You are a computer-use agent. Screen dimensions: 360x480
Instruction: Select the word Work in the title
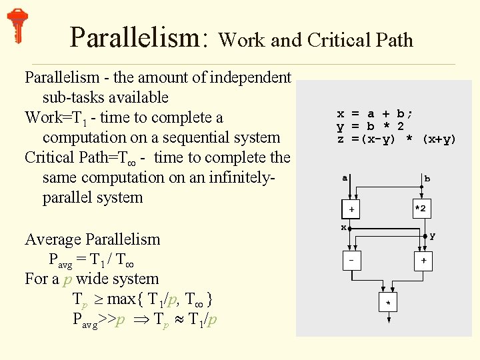[241, 41]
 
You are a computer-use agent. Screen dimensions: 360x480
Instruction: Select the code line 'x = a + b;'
[375, 114]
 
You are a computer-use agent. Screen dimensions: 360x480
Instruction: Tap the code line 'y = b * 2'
[370, 127]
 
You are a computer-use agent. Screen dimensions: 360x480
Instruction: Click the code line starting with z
[396, 139]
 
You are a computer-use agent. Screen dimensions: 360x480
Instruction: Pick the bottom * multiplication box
[387, 303]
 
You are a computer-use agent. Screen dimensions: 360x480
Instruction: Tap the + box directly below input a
[352, 209]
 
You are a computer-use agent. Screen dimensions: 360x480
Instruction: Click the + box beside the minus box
[423, 261]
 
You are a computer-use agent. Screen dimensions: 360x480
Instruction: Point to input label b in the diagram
[427, 179]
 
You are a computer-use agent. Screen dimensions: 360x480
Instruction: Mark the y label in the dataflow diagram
[433, 235]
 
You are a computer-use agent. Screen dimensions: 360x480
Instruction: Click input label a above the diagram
[345, 177]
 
